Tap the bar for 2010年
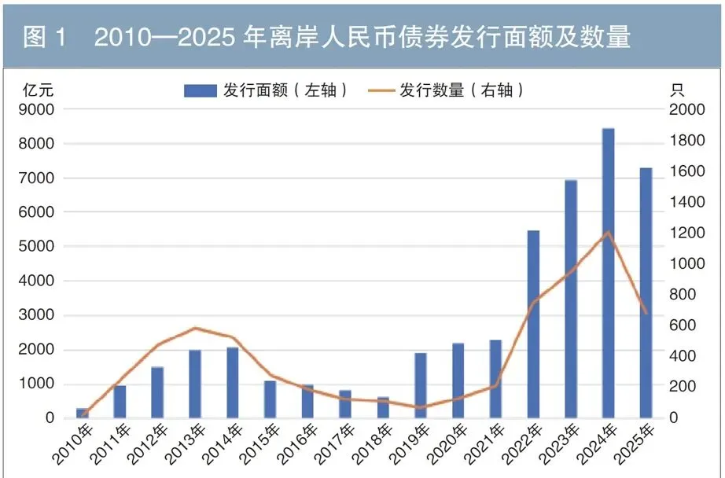[82, 413]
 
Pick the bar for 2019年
[421, 385]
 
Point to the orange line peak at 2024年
[608, 232]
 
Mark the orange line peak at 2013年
[195, 328]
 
